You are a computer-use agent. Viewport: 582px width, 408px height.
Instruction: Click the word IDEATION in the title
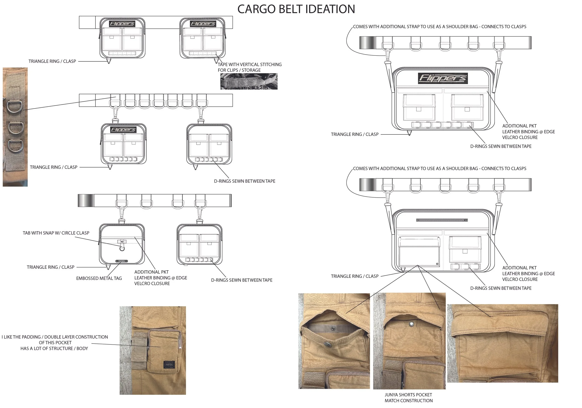pos(330,9)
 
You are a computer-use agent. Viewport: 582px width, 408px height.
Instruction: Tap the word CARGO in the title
pos(257,9)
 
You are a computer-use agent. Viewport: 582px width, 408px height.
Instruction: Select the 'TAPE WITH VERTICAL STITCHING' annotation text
pos(250,65)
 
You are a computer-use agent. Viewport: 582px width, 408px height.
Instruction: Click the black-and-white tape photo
pos(249,81)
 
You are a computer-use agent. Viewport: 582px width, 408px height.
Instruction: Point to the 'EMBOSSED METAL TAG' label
pos(99,278)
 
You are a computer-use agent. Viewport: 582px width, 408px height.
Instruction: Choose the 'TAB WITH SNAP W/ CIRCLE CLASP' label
pos(56,233)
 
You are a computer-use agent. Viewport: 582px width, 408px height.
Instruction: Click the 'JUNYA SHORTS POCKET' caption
pos(408,395)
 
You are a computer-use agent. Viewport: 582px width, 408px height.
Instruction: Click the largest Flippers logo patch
pos(443,78)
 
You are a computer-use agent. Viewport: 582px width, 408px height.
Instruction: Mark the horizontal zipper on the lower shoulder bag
pos(442,220)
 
